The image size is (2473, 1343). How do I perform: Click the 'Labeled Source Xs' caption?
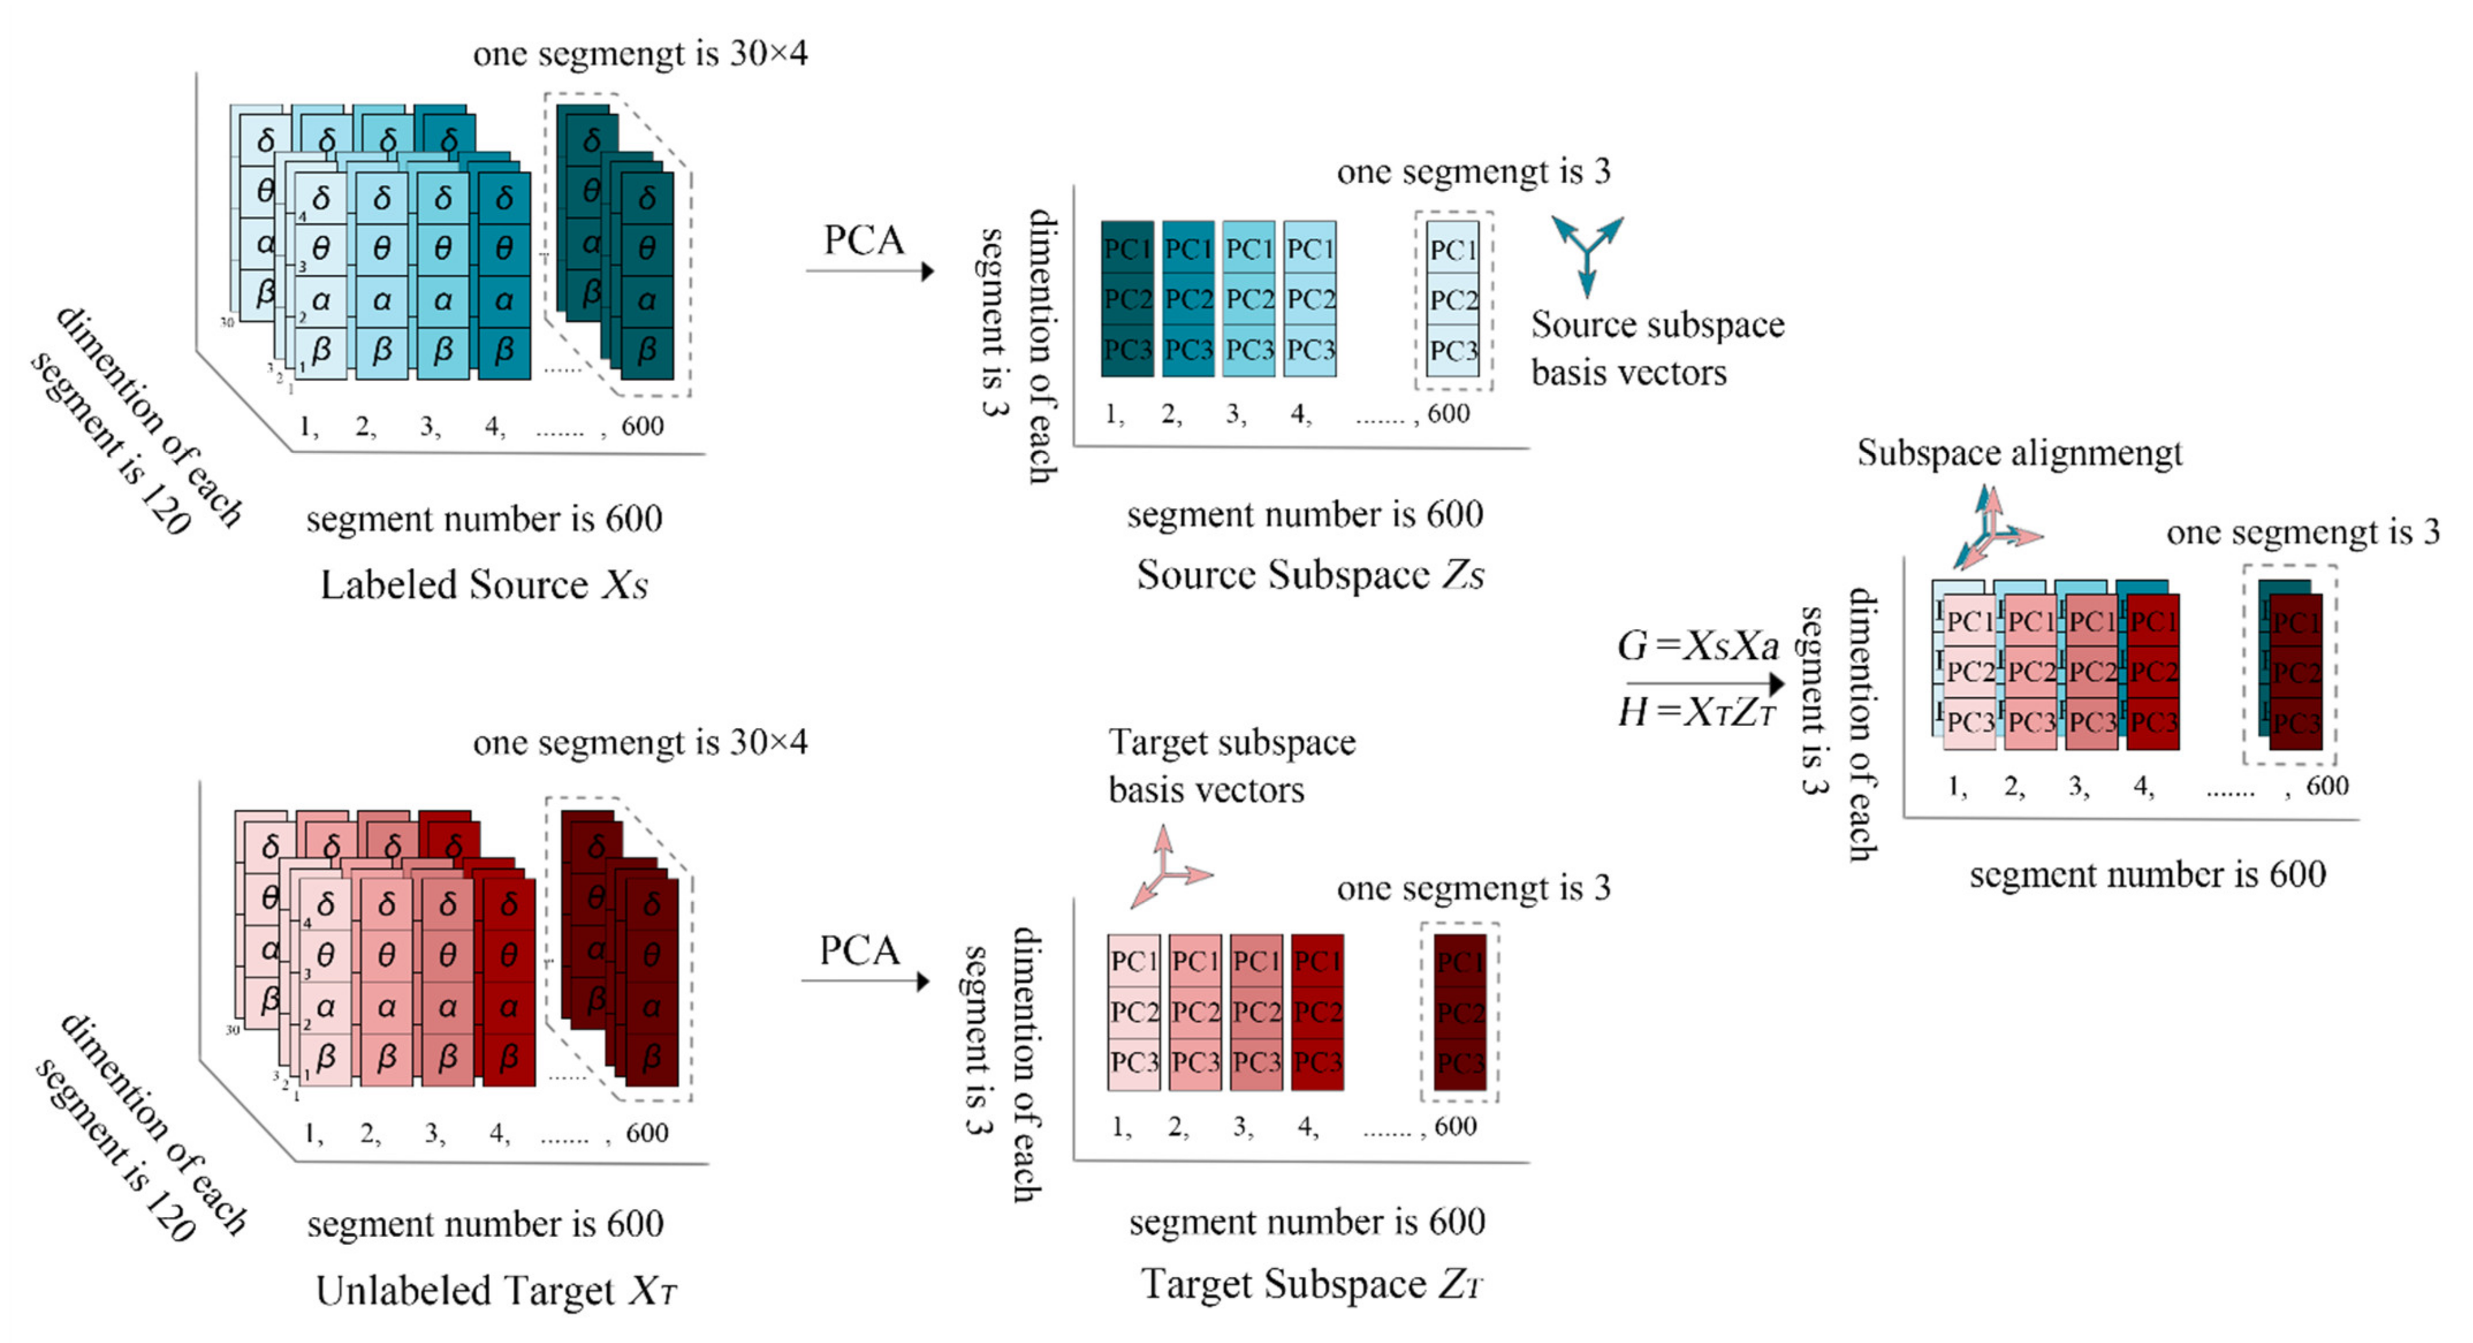click(x=484, y=585)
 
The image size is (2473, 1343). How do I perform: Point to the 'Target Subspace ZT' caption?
click(x=1312, y=1284)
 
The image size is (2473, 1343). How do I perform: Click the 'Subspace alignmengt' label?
click(x=2019, y=452)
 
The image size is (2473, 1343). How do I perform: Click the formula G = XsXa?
click(x=1697, y=646)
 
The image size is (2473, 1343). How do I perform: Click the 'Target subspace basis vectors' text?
click(x=1232, y=765)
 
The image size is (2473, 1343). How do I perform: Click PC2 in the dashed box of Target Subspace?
click(x=1459, y=1012)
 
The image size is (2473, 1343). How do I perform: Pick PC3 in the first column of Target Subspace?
click(x=1134, y=1063)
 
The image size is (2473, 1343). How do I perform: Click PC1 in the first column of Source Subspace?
click(x=1127, y=249)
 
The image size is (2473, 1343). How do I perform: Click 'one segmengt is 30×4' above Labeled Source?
click(x=640, y=54)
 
